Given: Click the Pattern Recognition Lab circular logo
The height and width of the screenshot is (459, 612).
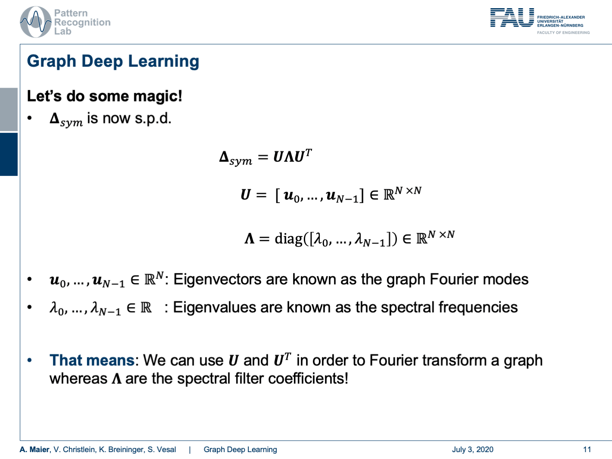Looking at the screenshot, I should (35, 22).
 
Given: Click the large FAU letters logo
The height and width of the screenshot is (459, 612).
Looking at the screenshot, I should (512, 18).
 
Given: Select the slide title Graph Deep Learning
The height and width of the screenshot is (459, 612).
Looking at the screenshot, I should (113, 61).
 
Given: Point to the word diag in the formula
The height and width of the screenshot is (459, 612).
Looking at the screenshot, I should (288, 238).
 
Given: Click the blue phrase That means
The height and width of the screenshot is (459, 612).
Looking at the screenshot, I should (92, 360).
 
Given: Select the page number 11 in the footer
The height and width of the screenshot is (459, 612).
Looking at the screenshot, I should (587, 450).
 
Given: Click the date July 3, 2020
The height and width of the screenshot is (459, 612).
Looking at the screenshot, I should (473, 450).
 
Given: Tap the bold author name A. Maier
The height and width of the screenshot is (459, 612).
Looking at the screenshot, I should (34, 450).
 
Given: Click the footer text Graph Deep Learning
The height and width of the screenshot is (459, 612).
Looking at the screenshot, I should (240, 450).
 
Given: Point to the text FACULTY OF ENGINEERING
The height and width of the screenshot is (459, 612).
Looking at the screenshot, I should (563, 33).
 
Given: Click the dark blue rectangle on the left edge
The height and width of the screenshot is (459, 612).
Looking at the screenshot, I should (9, 154).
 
